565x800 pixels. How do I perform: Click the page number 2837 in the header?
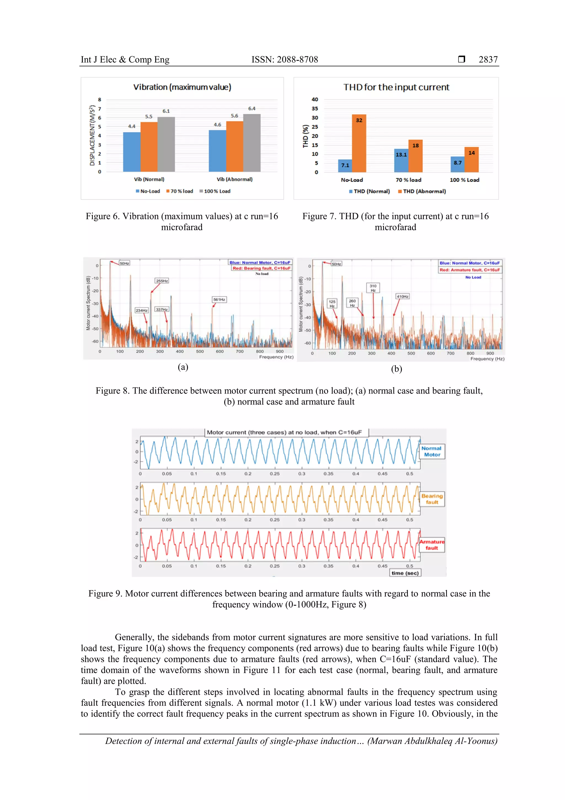pyautogui.click(x=488, y=60)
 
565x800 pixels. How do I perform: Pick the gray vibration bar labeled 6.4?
pyautogui.click(x=252, y=142)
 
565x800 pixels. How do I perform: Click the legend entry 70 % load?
pyautogui.click(x=180, y=191)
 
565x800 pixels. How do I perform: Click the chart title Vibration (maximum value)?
pyautogui.click(x=182, y=87)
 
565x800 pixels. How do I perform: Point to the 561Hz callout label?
pyautogui.click(x=219, y=299)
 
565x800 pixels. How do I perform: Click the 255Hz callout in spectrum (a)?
pyautogui.click(x=162, y=281)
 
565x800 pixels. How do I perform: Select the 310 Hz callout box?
pyautogui.click(x=373, y=288)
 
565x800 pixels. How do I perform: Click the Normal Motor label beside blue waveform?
pyautogui.click(x=432, y=452)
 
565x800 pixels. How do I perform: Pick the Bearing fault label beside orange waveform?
pyautogui.click(x=432, y=499)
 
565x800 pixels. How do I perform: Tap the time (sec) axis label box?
pyautogui.click(x=405, y=573)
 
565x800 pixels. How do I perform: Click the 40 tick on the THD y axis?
pyautogui.click(x=315, y=99)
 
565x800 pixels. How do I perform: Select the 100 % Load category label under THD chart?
pyautogui.click(x=464, y=180)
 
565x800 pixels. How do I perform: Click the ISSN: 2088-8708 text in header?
pyautogui.click(x=284, y=60)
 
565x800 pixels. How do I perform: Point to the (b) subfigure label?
pyautogui.click(x=396, y=369)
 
